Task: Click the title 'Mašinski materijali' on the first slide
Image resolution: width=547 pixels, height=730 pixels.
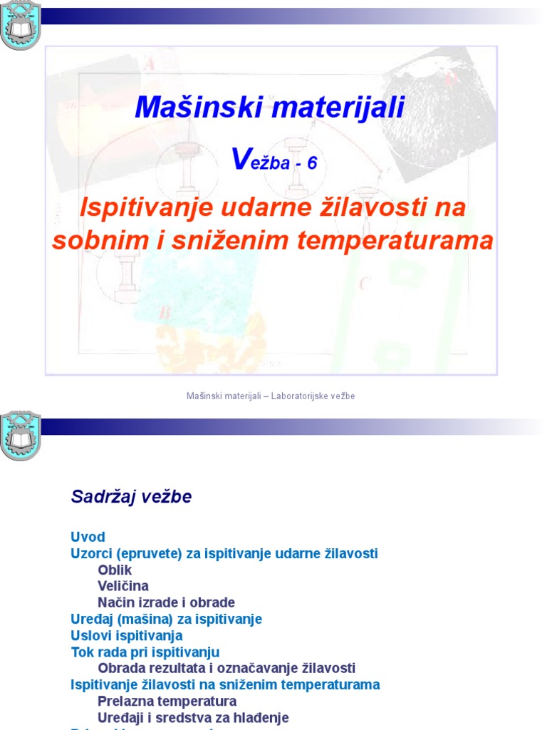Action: [x=270, y=108]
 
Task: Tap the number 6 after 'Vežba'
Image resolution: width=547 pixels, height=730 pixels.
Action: [x=311, y=163]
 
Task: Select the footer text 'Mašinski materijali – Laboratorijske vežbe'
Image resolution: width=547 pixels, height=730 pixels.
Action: [x=271, y=396]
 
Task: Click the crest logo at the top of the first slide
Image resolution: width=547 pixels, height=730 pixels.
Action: [x=20, y=27]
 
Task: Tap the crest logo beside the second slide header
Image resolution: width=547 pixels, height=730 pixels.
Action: [x=20, y=435]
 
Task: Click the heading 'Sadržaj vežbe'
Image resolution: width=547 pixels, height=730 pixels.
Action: [x=131, y=497]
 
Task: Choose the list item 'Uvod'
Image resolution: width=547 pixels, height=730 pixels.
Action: [x=88, y=537]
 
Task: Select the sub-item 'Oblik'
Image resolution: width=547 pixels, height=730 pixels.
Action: [x=115, y=570]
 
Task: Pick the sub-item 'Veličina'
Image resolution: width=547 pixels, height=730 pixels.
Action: [x=123, y=586]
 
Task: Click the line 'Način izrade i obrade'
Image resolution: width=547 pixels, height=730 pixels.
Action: [x=166, y=602]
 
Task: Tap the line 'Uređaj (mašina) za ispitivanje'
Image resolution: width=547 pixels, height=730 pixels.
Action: [x=166, y=619]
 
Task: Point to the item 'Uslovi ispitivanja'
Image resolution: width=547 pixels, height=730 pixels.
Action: [x=127, y=635]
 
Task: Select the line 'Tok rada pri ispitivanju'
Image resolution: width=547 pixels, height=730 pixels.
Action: [x=145, y=652]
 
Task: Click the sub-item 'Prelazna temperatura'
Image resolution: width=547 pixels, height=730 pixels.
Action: [x=167, y=701]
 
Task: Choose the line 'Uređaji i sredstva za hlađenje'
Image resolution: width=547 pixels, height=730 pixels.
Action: [x=193, y=717]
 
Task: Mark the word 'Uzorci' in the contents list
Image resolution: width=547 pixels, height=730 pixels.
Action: [x=90, y=553]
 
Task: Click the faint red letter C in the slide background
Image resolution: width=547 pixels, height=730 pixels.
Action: [x=364, y=284]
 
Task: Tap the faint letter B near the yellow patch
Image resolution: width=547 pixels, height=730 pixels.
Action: [x=165, y=312]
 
